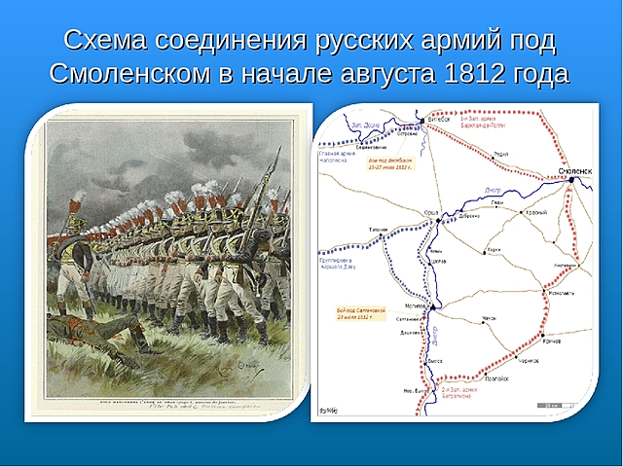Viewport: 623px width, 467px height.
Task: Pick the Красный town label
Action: (x=535, y=211)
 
